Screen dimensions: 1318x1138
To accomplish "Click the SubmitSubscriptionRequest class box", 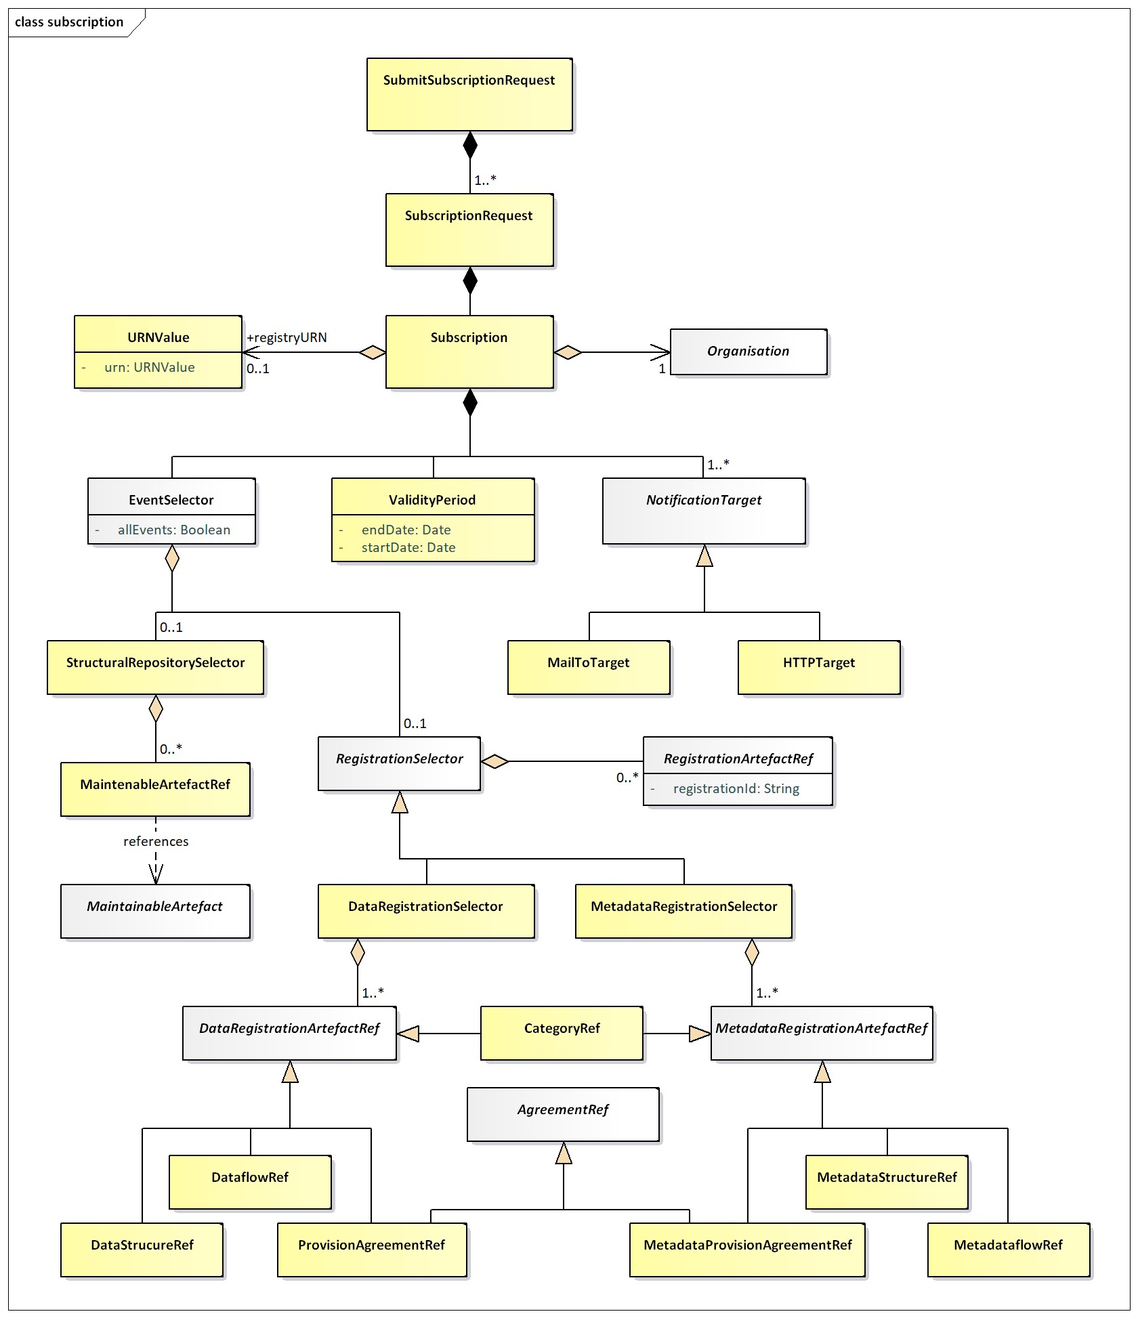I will coord(469,94).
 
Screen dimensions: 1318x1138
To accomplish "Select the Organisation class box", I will coord(749,352).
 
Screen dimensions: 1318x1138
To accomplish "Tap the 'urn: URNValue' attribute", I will coord(149,368).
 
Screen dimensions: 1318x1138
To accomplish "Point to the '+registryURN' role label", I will coord(287,338).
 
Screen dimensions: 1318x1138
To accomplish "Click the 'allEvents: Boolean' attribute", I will coord(173,530).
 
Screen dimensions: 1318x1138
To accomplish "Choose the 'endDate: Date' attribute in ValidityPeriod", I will coord(406,530).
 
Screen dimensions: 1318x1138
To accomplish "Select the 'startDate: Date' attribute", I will coord(408,548).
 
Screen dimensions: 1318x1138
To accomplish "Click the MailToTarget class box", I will coord(589,667).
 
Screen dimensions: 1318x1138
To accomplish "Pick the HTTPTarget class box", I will coord(819,667).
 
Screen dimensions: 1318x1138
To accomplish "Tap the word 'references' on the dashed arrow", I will coord(156,842).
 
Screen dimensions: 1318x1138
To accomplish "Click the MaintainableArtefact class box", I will coord(155,911).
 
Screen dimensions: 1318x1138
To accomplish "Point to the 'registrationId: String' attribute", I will coord(736,789).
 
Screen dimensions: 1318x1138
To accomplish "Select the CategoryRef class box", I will coord(562,1033).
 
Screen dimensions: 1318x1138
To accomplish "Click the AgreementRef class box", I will coord(563,1114).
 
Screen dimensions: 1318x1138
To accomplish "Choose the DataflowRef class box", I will coord(250,1182).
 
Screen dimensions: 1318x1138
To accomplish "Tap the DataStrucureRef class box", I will coord(142,1250).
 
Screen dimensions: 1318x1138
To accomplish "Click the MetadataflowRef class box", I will coord(1009,1250).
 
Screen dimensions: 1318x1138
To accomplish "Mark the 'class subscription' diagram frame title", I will coord(69,22).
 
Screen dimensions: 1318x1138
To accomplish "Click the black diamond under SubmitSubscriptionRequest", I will coord(470,145).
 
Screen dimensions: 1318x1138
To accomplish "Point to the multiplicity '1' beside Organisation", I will coord(662,369).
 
